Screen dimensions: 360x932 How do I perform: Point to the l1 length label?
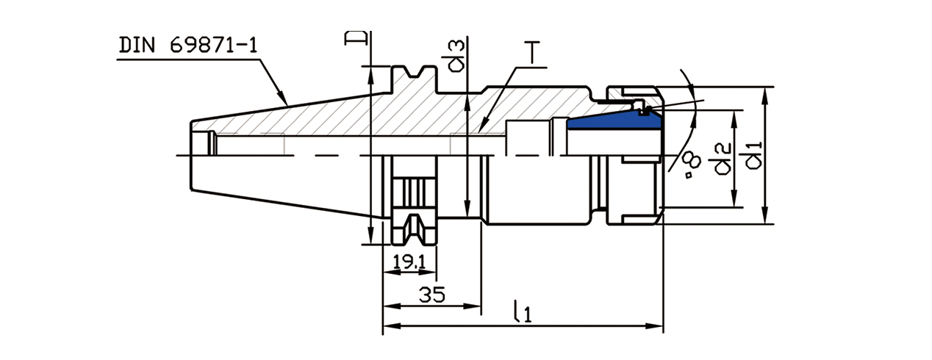522,313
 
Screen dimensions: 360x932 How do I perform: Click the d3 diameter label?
456,57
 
